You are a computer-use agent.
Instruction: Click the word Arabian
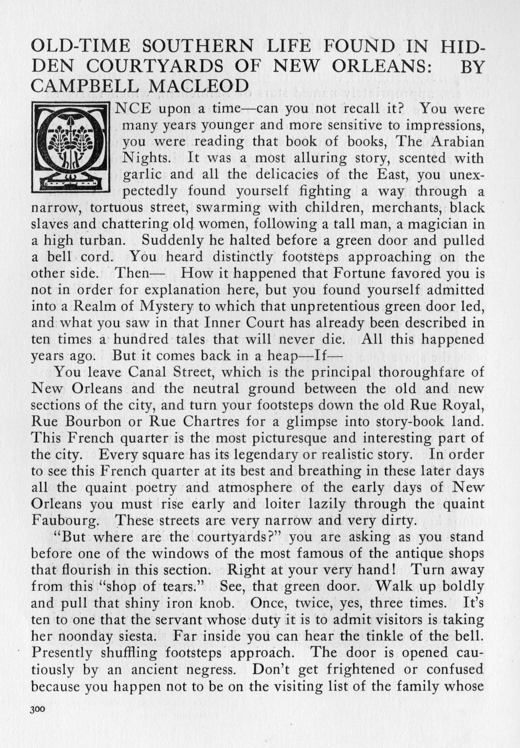[x=458, y=142]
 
